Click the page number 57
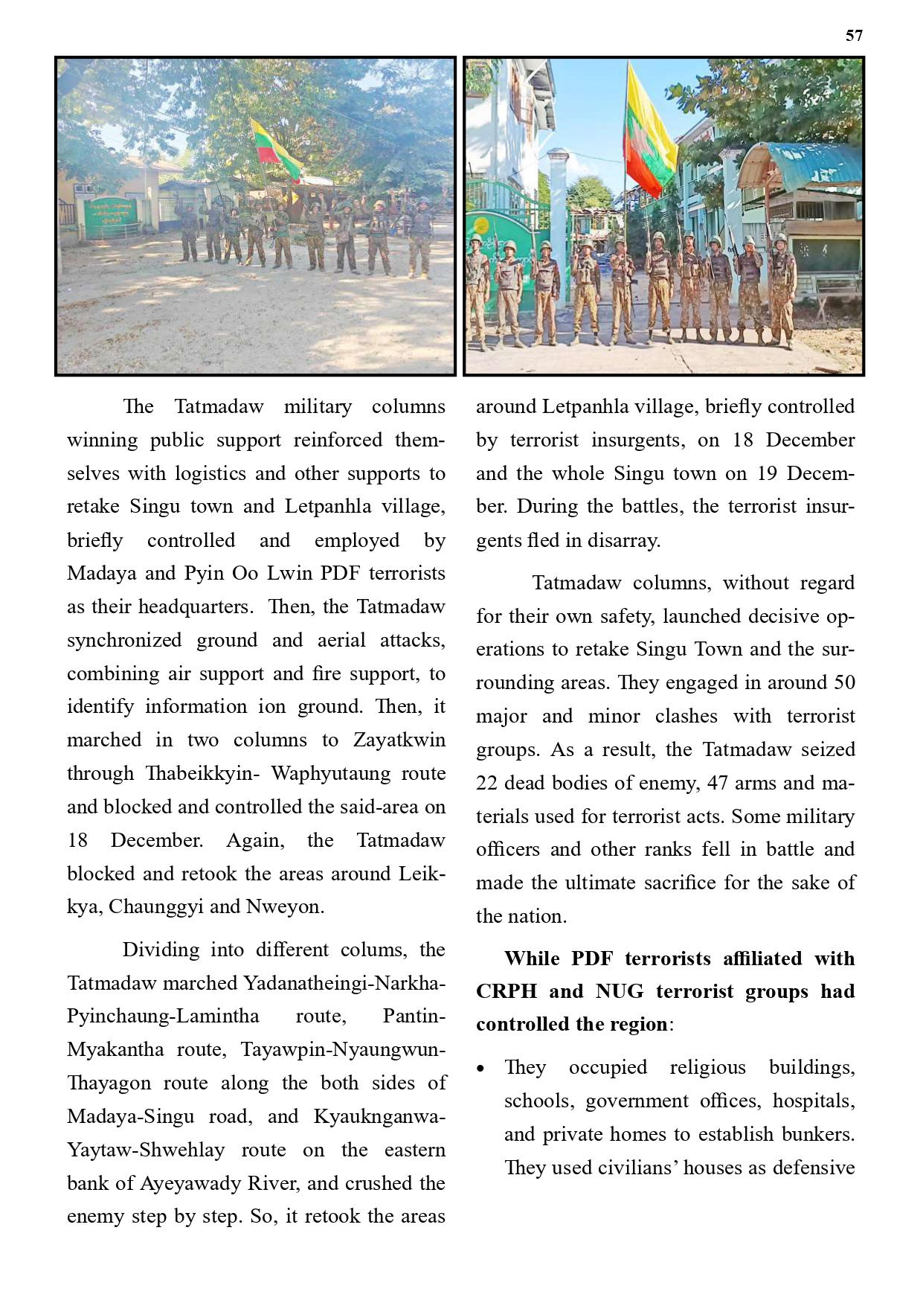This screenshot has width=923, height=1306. click(x=854, y=36)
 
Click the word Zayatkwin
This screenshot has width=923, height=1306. click(x=399, y=740)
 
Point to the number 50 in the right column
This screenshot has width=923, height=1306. click(x=843, y=682)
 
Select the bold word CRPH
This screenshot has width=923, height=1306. click(x=506, y=991)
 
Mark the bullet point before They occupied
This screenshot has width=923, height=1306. click(x=481, y=1069)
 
